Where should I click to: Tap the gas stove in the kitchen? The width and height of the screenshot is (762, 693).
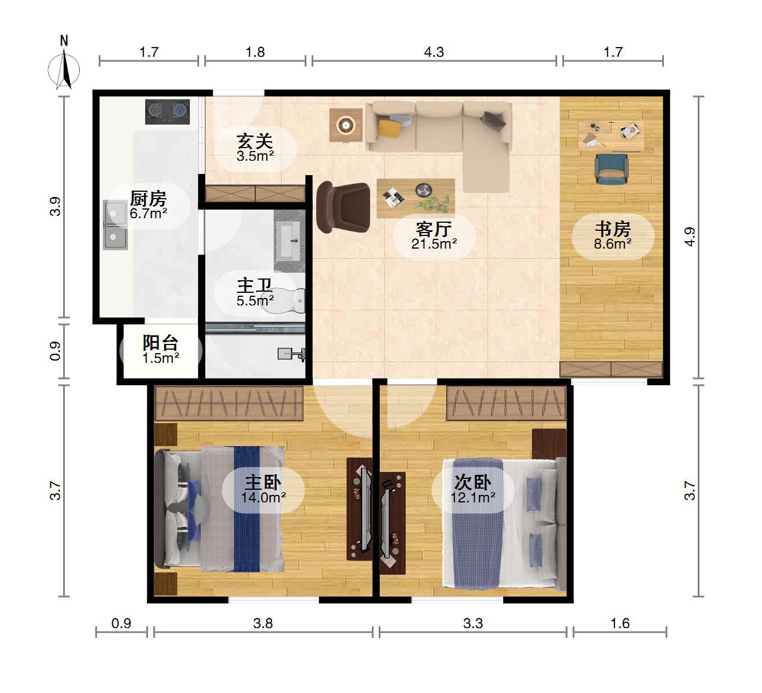click(x=167, y=112)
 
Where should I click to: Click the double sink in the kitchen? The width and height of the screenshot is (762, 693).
click(x=115, y=225)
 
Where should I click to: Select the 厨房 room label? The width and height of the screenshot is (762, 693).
click(x=148, y=199)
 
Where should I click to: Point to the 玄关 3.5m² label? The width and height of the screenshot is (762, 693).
click(x=255, y=148)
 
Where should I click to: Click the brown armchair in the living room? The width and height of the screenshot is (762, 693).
click(x=343, y=207)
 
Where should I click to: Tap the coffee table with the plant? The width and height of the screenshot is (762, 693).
click(x=415, y=198)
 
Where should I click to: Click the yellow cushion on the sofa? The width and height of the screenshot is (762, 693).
click(x=390, y=129)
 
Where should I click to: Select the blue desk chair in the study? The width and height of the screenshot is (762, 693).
click(x=611, y=169)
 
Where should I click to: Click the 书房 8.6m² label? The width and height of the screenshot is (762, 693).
click(x=613, y=235)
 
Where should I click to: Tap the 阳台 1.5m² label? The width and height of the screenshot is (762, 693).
click(x=160, y=350)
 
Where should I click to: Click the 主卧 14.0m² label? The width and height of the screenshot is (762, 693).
click(x=263, y=490)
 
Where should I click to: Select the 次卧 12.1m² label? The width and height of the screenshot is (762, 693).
click(x=473, y=490)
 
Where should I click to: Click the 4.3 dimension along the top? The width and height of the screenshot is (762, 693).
click(x=434, y=52)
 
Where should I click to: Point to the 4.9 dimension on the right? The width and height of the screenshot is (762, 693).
click(x=690, y=237)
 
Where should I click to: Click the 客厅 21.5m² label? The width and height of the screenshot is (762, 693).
click(x=434, y=235)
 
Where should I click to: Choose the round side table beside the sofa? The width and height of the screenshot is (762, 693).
click(x=345, y=125)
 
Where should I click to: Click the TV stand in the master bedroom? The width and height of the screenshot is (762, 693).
click(x=359, y=509)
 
